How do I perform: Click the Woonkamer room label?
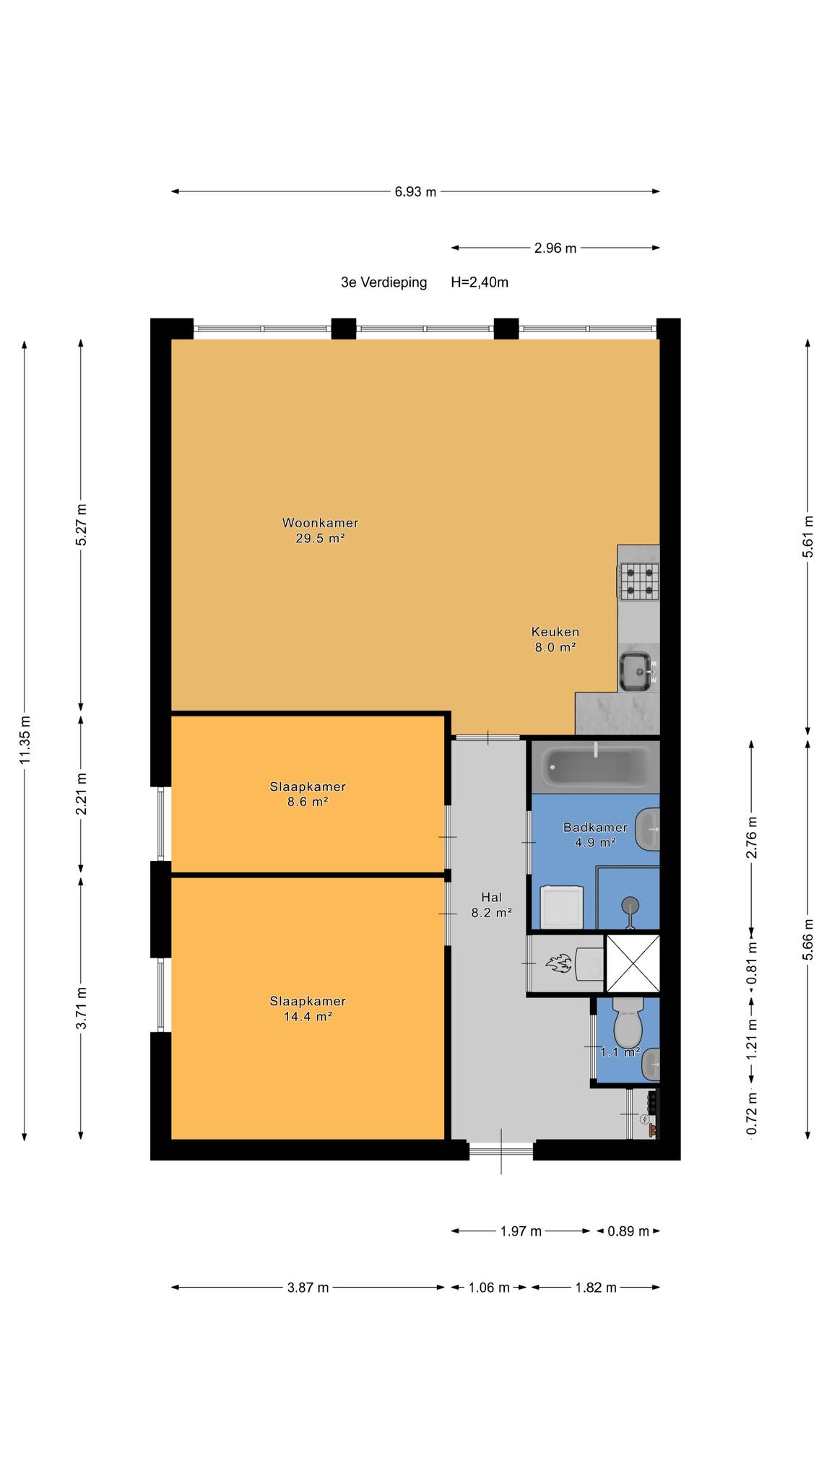320,523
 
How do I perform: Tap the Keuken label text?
555,631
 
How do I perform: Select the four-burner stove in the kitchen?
639,581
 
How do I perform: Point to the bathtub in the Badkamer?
596,767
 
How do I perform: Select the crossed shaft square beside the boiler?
632,963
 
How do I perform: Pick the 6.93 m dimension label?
415,192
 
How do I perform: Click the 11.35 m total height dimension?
25,740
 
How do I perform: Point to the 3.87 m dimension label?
308,1287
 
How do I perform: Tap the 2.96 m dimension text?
555,248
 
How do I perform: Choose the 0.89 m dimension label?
628,1231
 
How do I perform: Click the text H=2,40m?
480,282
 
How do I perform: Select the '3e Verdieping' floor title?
383,282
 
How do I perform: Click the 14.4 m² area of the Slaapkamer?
308,1017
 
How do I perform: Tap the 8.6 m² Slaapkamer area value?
308,802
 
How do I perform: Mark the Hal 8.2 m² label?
491,905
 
